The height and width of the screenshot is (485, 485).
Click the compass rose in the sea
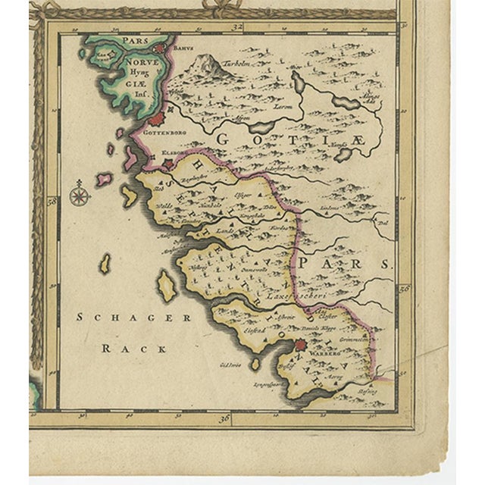click(x=79, y=196)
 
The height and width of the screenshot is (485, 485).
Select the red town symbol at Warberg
click(x=300, y=345)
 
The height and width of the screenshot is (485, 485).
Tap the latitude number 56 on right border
click(x=404, y=289)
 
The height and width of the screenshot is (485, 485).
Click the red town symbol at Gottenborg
click(x=155, y=118)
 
